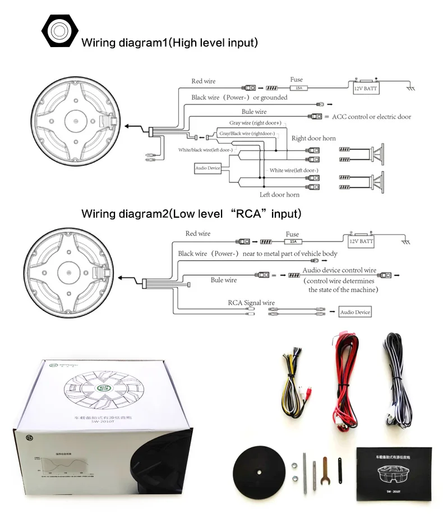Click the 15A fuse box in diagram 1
[297, 88]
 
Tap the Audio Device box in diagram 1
[207, 168]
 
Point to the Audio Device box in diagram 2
[356, 312]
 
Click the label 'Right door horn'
[313, 139]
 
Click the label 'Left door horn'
[279, 195]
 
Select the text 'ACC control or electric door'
[371, 117]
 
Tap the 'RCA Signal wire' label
[251, 302]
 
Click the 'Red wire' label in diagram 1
[203, 81]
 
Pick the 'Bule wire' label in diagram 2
[224, 280]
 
